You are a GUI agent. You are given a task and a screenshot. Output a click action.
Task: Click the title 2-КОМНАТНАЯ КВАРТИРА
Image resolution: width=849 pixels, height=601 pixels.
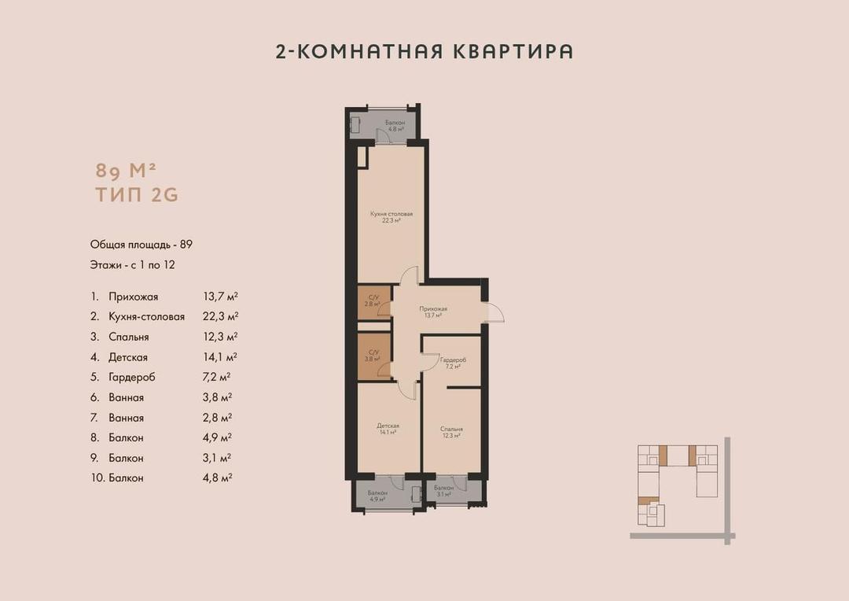tap(424, 52)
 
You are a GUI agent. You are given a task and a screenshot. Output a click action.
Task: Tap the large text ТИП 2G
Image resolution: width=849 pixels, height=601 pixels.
tap(137, 196)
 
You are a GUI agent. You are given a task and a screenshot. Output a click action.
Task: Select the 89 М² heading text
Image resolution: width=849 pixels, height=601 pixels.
tap(126, 169)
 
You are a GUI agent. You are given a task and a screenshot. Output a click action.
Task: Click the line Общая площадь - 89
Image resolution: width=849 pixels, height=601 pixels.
tap(141, 245)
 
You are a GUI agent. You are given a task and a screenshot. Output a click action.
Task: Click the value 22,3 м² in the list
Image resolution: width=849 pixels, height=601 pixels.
tap(220, 316)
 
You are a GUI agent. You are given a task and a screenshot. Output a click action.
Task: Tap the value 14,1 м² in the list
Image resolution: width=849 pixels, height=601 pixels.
tap(220, 356)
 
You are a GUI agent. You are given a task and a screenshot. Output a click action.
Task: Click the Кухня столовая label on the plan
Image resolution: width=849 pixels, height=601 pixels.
tap(391, 217)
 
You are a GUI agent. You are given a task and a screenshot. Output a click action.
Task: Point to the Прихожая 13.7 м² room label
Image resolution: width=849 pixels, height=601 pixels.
tap(433, 312)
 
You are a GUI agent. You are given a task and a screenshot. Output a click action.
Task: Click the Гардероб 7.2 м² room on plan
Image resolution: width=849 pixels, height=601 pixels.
tap(454, 363)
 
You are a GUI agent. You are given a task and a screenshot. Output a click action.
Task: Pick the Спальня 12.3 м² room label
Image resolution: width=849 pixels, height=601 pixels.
tap(451, 432)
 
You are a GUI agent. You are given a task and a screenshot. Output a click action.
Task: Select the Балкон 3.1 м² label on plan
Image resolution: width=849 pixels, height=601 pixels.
tap(443, 491)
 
